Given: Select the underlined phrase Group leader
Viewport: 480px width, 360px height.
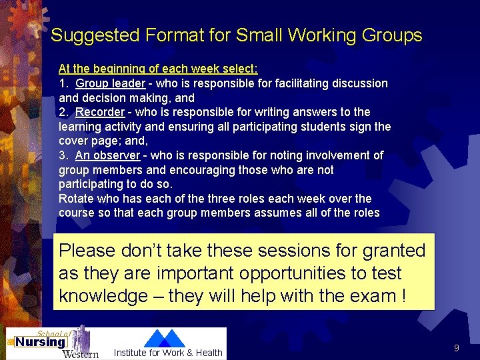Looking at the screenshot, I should pyautogui.click(x=110, y=83).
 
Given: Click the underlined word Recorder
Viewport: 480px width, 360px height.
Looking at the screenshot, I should pyautogui.click(x=100, y=112).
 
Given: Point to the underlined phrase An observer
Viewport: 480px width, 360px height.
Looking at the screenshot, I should pyautogui.click(x=107, y=155).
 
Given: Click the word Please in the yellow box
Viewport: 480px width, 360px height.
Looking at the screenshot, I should pyautogui.click(x=87, y=251).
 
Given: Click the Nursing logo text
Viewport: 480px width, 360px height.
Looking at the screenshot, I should pyautogui.click(x=40, y=342).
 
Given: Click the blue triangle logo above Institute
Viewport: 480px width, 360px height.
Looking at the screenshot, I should pyautogui.click(x=164, y=339).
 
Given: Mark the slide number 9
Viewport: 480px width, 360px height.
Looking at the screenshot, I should pyautogui.click(x=456, y=348).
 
